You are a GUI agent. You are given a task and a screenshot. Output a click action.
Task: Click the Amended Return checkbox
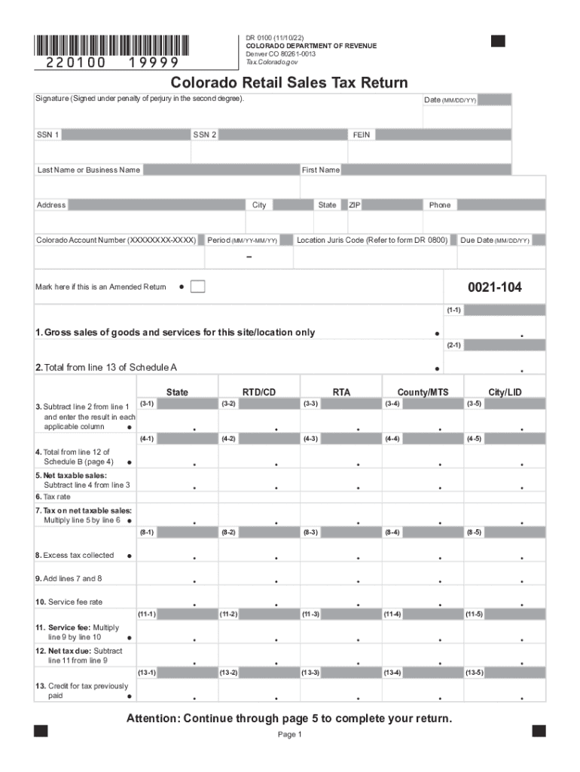click(198, 287)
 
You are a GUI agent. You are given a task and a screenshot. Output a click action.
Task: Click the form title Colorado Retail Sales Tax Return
click(289, 83)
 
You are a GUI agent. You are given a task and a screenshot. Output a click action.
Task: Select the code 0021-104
click(494, 287)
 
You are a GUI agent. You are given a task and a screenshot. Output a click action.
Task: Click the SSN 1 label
click(48, 135)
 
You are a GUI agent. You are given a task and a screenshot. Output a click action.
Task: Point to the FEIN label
click(362, 135)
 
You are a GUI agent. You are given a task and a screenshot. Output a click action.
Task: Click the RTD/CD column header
click(259, 392)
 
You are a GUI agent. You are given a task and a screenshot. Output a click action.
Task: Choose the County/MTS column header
click(423, 392)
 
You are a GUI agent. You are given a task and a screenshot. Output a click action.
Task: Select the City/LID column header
click(504, 392)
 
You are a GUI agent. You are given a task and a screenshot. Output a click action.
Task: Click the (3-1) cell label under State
click(147, 404)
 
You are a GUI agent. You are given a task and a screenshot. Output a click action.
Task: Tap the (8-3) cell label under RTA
click(310, 532)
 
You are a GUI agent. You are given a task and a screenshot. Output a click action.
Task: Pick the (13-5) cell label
click(475, 672)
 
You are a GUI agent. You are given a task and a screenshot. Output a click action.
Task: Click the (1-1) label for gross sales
click(453, 310)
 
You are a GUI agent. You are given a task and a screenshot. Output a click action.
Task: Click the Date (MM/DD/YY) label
click(450, 100)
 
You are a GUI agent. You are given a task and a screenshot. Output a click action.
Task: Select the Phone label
click(440, 205)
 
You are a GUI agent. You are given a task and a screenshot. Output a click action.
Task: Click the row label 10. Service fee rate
click(69, 602)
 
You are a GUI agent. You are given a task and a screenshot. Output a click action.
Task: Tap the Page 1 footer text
click(289, 735)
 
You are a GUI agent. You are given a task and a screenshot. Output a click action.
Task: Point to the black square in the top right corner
click(498, 41)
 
